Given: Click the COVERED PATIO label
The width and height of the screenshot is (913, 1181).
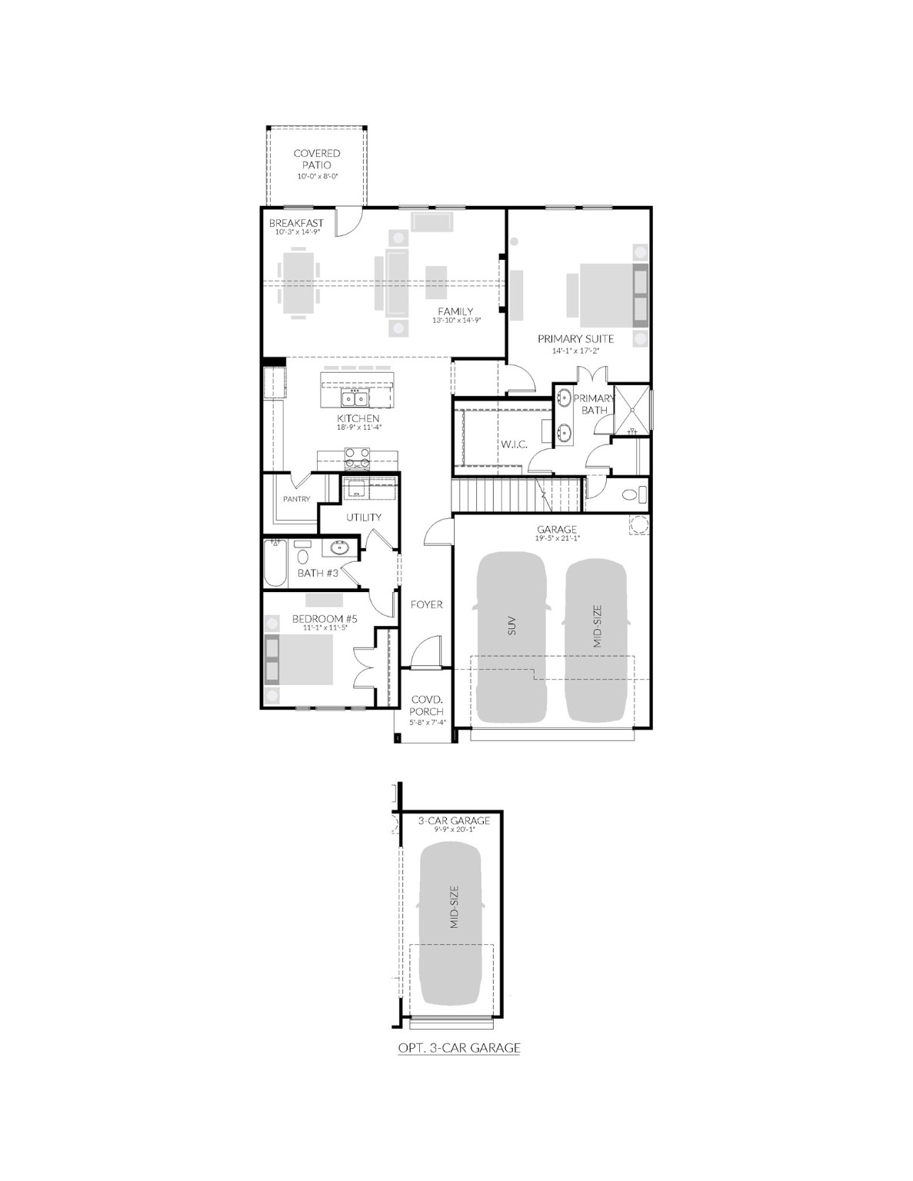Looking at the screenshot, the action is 317,159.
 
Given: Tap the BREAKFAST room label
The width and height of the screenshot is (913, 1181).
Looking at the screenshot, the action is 296,223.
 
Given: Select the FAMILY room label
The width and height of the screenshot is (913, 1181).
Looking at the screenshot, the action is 455,311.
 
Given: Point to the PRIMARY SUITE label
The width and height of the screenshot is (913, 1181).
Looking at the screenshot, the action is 575,338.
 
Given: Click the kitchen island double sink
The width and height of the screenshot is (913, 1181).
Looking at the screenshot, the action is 355,398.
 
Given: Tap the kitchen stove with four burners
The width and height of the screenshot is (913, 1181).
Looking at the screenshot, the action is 357,457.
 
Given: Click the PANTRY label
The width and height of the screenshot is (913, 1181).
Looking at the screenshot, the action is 296,499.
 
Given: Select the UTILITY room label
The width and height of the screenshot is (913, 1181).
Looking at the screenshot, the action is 364,517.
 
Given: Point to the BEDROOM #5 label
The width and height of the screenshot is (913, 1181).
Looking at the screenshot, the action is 325,618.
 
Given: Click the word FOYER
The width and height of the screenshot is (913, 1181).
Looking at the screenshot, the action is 427,604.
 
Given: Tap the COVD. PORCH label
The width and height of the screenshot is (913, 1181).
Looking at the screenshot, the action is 427,706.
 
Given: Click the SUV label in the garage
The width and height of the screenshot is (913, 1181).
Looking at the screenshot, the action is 511,626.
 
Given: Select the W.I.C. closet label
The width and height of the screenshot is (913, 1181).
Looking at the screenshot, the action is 514,444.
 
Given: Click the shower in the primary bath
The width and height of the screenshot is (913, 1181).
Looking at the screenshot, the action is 632,410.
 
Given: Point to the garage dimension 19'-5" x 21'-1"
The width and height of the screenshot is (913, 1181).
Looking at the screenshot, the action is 557,538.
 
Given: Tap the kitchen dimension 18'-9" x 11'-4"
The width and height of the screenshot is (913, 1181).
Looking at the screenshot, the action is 358,427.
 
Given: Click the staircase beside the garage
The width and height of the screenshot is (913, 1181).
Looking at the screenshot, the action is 516,494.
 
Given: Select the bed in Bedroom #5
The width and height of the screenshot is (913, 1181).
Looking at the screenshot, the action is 299,660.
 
